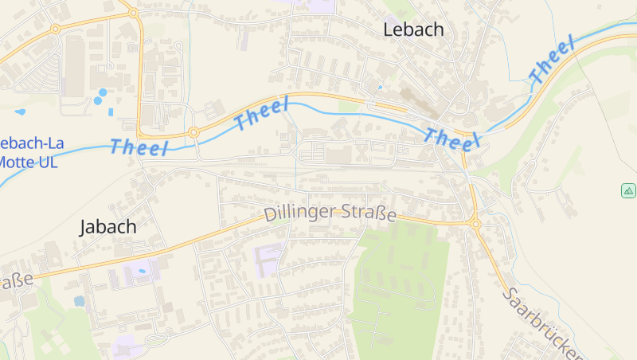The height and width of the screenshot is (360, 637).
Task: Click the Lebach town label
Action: coord(413,30)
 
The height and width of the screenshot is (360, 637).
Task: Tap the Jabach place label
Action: coord(107,227)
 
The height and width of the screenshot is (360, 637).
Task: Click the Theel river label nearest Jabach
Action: coord(139,147)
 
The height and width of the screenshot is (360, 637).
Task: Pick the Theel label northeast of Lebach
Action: coord(551,61)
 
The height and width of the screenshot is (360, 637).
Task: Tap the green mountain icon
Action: coord(628,190)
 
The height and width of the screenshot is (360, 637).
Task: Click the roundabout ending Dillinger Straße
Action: coord(476,225)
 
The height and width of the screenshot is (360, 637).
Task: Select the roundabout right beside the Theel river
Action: coord(193,132)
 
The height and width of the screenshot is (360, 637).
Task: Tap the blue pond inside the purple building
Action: coord(143,272)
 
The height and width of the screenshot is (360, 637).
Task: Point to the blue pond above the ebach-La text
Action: coord(20,112)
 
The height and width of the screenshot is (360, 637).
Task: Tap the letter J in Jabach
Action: coord(84,228)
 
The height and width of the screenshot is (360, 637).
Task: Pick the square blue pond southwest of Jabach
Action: coord(79,301)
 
